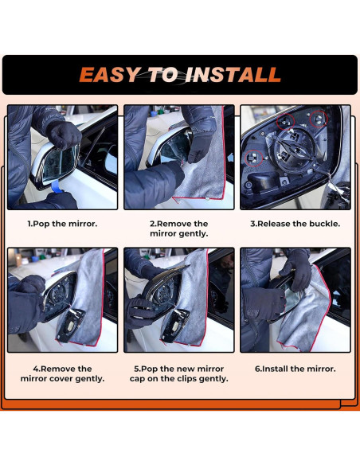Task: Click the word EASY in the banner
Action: pyautogui.click(x=110, y=75)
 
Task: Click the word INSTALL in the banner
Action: pyautogui.click(x=233, y=75)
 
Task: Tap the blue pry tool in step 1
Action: pyautogui.click(x=56, y=188)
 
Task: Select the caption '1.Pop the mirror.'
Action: pyautogui.click(x=62, y=224)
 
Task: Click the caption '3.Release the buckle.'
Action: pyautogui.click(x=295, y=224)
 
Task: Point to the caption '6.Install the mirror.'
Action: pyautogui.click(x=295, y=369)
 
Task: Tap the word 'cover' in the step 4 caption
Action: pyautogui.click(x=61, y=379)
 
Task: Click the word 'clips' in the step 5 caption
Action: pyautogui.click(x=187, y=379)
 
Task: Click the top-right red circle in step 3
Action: pyautogui.click(x=319, y=119)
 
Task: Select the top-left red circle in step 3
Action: pyautogui.click(x=286, y=121)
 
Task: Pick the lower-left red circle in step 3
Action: pyautogui.click(x=253, y=158)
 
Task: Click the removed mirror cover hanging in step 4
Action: pyautogui.click(x=71, y=324)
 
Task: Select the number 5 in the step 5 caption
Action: pyautogui.click(x=136, y=369)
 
